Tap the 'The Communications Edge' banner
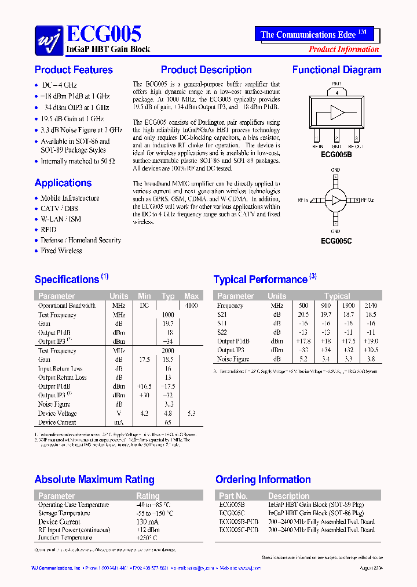(x=313, y=35)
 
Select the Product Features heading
(x=74, y=70)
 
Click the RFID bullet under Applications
(x=49, y=230)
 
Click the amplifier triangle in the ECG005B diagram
(x=337, y=113)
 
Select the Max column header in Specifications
(x=191, y=296)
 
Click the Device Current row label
(x=57, y=422)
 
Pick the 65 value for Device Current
(x=168, y=422)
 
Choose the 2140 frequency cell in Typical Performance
(x=371, y=306)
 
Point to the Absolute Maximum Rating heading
(x=94, y=480)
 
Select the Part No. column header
(x=233, y=496)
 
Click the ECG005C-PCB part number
(x=239, y=530)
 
